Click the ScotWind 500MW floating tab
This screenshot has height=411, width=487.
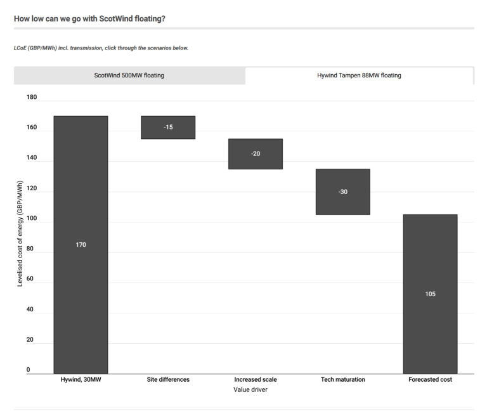[x=129, y=75]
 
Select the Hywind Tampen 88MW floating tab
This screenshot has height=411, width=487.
[x=359, y=75]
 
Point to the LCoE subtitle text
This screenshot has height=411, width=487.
[x=101, y=48]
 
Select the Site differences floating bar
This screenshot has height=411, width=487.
[x=168, y=127]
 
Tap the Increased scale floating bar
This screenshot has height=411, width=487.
[x=256, y=154]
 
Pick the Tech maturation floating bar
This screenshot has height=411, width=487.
[x=343, y=192]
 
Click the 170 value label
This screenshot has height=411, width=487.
[x=81, y=245]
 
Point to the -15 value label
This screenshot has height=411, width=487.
[x=168, y=127]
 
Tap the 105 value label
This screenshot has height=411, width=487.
[x=431, y=294]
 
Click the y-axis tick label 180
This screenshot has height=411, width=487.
[x=32, y=98]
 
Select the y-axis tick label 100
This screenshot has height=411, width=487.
[x=32, y=219]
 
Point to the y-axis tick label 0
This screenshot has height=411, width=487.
[x=28, y=370]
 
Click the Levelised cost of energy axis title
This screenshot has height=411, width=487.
[x=20, y=233]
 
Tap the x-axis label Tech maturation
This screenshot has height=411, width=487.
[x=343, y=379]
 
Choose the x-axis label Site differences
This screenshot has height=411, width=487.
[x=168, y=379]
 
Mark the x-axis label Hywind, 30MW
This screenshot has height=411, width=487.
[x=81, y=379]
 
